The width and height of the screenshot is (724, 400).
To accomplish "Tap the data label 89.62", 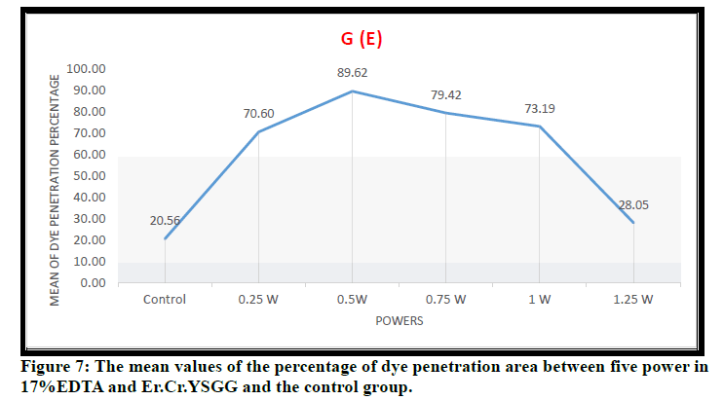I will pos(352,72).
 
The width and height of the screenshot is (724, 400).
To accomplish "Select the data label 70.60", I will pos(258,113).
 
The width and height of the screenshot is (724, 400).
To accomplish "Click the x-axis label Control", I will pos(164,300).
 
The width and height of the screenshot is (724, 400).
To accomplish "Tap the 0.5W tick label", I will pos(352,300).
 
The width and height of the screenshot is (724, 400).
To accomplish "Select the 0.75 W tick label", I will pos(445,300).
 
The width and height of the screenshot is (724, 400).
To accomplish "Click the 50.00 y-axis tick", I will pos(87,176).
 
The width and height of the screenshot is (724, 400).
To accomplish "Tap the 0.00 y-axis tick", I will pos(91,283).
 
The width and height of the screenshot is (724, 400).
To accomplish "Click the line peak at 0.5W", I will pos(352,91).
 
